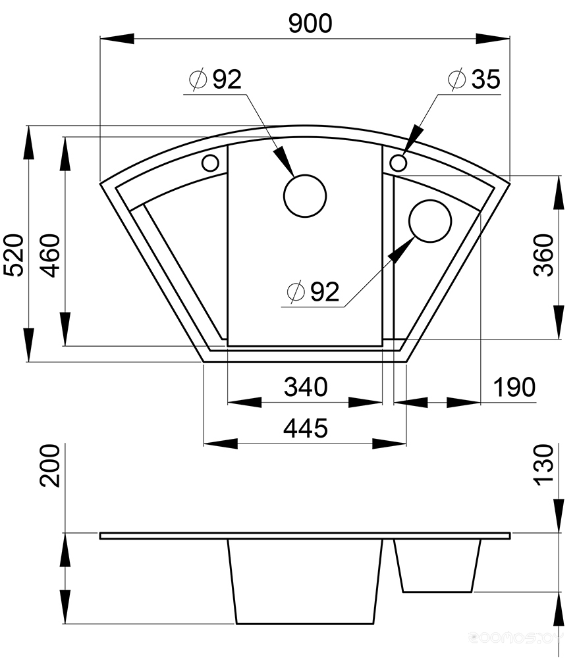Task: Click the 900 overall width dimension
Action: click(x=310, y=24)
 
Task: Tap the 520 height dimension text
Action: click(x=13, y=255)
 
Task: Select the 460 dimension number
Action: click(x=51, y=255)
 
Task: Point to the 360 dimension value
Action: click(x=543, y=255)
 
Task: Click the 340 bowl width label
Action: click(x=306, y=387)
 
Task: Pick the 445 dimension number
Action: click(x=306, y=428)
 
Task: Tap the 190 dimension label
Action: click(x=514, y=387)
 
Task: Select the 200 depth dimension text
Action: click(x=50, y=466)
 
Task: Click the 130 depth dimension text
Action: click(x=543, y=465)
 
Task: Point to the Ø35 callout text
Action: click(x=474, y=79)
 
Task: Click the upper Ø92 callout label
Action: click(x=215, y=79)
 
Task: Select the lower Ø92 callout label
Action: click(x=313, y=291)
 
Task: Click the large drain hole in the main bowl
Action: click(x=305, y=196)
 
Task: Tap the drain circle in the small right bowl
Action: click(x=429, y=220)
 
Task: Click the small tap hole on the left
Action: click(x=210, y=163)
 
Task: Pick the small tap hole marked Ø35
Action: click(x=398, y=162)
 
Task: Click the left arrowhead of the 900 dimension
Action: click(x=117, y=39)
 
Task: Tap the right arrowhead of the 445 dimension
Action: click(x=389, y=443)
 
